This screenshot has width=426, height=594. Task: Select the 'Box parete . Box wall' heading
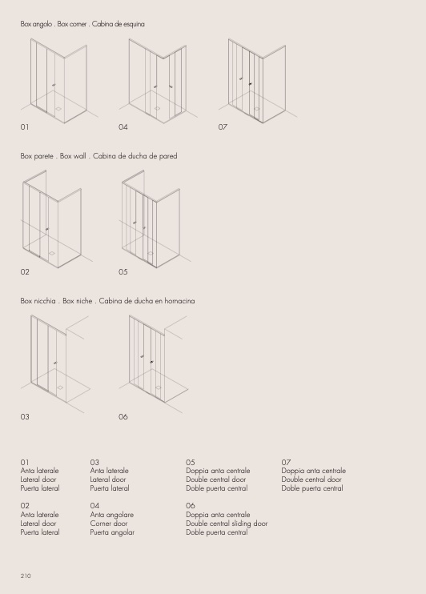point(54,155)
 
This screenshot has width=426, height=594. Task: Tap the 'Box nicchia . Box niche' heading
point(57,301)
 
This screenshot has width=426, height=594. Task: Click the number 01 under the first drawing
point(25,127)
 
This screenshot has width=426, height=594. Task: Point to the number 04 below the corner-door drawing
point(123,127)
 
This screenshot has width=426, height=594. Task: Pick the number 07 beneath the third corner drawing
point(223,127)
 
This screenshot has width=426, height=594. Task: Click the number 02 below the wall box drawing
point(25,271)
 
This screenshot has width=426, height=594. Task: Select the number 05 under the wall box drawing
point(123,271)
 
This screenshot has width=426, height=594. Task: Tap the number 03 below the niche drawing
point(25,417)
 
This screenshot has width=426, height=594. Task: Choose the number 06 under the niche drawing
point(123,417)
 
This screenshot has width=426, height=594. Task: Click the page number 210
point(26,576)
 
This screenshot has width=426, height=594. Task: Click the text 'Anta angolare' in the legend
point(112,515)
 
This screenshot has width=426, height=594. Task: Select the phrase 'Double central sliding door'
point(227,524)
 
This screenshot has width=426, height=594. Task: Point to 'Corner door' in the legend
point(109,524)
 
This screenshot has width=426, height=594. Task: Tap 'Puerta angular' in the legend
point(112,532)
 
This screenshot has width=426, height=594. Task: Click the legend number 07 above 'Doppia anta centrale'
point(286,462)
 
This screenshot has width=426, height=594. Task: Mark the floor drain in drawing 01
point(58,109)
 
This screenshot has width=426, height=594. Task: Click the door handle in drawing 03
point(55,363)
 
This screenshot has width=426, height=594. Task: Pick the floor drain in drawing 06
point(158,387)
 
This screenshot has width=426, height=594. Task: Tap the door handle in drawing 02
point(47,229)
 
